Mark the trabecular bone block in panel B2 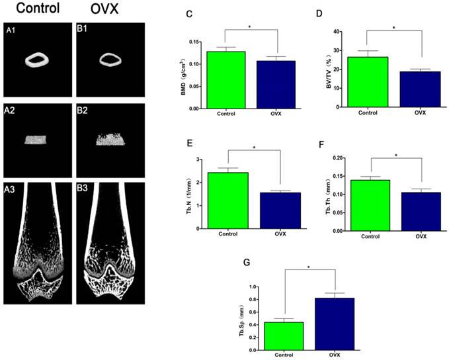[x=106, y=139]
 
